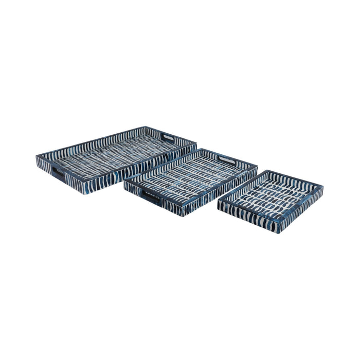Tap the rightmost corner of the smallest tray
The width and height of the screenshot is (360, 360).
(x=323, y=189)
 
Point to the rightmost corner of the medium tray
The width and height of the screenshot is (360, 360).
(x=257, y=167)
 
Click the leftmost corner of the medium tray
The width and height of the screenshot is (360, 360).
(x=123, y=180)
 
